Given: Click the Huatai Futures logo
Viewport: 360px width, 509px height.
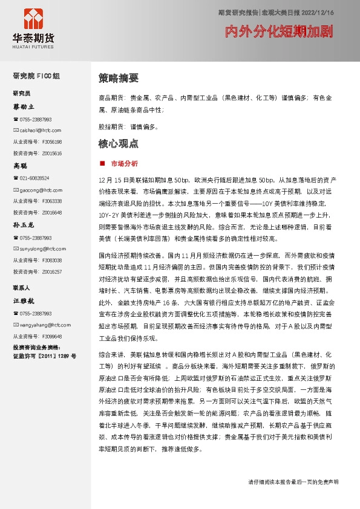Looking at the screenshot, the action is click(x=33, y=26).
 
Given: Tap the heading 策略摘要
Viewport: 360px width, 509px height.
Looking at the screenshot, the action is click(x=119, y=78).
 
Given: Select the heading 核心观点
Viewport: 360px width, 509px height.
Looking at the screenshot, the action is click(x=119, y=144).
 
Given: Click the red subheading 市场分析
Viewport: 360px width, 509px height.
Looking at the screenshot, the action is click(x=125, y=163).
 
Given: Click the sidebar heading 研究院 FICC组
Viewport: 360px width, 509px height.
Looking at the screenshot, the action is click(x=36, y=76).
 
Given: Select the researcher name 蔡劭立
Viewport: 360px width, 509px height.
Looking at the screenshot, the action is click(x=24, y=106).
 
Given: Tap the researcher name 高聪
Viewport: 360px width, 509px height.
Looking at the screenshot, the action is click(x=21, y=165).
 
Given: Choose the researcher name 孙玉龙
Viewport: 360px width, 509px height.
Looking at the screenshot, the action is click(x=24, y=224).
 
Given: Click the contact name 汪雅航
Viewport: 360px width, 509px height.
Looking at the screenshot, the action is click(x=24, y=300).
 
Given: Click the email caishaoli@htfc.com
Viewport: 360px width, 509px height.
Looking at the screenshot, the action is click(x=41, y=130).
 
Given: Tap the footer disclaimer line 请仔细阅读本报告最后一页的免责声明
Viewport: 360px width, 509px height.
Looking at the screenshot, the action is click(x=293, y=482).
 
